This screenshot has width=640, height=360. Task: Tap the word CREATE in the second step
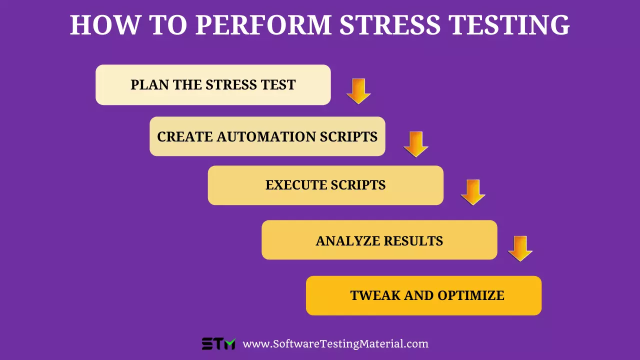coord(184,137)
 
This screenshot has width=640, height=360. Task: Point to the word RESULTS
coord(412,241)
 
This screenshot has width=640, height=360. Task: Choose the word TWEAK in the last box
coord(375,295)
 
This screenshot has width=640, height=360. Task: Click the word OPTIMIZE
coord(471,295)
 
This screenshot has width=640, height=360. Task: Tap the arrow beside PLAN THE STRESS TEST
coord(358,91)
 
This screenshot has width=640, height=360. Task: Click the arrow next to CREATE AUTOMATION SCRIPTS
coord(416,144)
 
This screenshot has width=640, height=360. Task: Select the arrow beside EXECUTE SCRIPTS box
coord(473,192)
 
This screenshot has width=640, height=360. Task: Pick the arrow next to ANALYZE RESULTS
coord(520,248)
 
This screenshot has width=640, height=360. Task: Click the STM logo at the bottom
coord(218,344)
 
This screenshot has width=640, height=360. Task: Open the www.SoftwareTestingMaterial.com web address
coord(335,344)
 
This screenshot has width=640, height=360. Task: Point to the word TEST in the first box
coord(278,85)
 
